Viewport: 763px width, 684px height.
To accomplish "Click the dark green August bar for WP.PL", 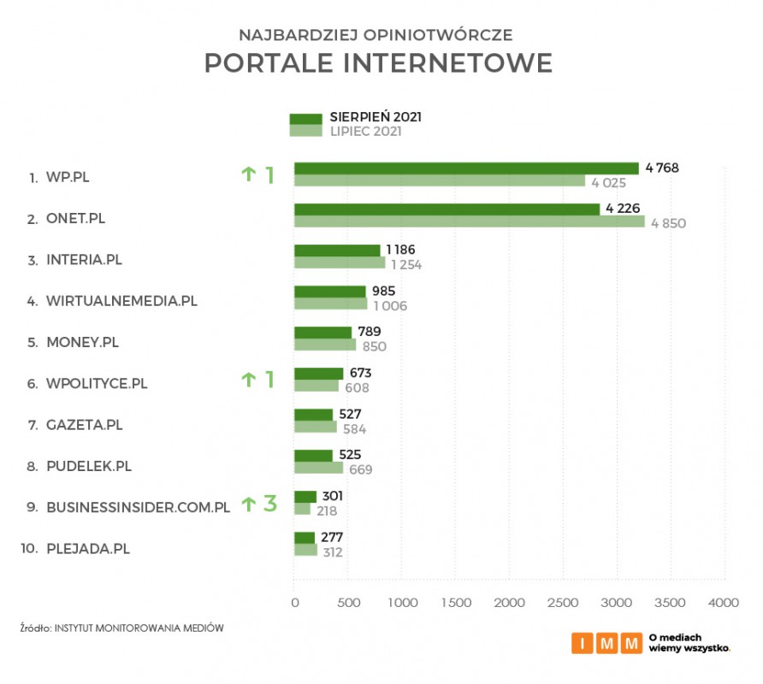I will [466, 168].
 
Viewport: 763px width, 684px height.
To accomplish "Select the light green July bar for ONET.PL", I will [469, 222].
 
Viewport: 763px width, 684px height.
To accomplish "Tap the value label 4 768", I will [662, 168].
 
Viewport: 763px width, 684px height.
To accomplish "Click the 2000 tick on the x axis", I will [509, 603].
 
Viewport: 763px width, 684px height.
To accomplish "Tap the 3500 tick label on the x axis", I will [670, 603].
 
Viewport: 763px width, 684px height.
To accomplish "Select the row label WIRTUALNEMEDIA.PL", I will [122, 301].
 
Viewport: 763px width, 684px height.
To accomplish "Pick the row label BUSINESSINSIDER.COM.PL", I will [138, 507].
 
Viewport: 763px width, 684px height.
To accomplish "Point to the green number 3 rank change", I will [269, 504].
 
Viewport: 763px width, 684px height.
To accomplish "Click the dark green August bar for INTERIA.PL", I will [337, 251].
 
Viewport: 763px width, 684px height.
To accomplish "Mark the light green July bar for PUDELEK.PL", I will [318, 469].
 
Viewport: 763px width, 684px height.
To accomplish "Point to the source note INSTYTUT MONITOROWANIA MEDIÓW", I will [139, 628].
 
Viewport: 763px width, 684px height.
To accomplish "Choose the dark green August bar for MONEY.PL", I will [322, 333].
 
